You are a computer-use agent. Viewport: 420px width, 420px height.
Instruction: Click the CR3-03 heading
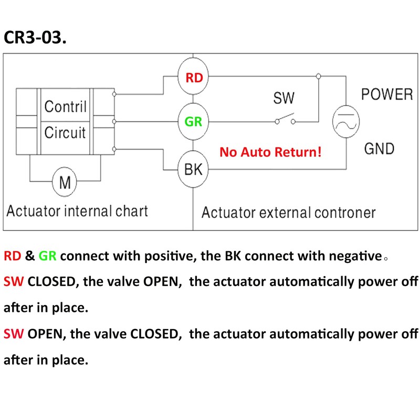coord(35,37)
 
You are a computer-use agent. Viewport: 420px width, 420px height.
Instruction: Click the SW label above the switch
coord(283,98)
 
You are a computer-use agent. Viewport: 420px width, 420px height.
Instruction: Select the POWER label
coord(387,94)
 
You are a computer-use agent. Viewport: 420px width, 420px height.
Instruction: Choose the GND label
coord(379,149)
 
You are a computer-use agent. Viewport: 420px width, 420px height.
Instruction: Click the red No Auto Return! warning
coord(270,152)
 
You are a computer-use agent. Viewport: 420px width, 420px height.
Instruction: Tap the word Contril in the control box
coord(65,107)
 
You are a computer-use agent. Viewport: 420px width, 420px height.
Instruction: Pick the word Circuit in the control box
coord(65,132)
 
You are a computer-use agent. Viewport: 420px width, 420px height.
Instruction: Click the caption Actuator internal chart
coord(77,211)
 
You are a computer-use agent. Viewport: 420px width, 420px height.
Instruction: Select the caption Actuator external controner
coord(288,213)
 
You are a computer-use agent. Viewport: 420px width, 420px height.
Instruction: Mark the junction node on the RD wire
coord(319,76)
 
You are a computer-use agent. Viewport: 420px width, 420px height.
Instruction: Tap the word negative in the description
coord(355,256)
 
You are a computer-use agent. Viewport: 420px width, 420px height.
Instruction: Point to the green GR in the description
coord(47,256)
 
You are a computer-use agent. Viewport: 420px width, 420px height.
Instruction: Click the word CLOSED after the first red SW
coord(51,282)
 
